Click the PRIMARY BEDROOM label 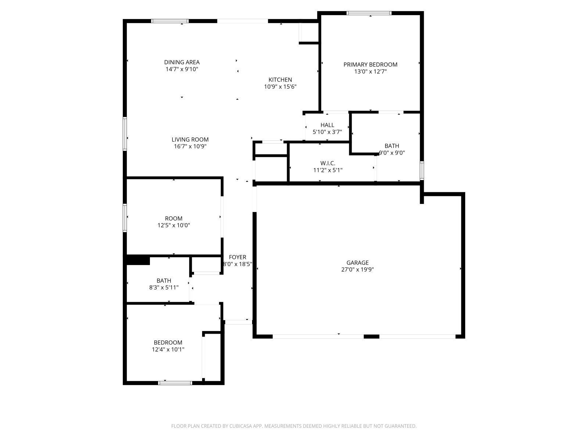(370, 65)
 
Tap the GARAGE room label (357, 263)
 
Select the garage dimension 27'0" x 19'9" (357, 270)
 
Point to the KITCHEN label (280, 80)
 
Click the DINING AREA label (182, 62)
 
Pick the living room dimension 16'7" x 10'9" (190, 146)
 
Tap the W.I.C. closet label (327, 163)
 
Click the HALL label (327, 125)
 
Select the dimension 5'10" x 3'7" (327, 132)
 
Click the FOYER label (237, 257)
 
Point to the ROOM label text (173, 219)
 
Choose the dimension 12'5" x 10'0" (173, 225)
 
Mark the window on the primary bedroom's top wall (369, 13)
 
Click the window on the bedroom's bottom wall (175, 383)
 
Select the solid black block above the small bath (138, 260)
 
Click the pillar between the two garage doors (371, 336)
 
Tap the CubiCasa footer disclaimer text (294, 426)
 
